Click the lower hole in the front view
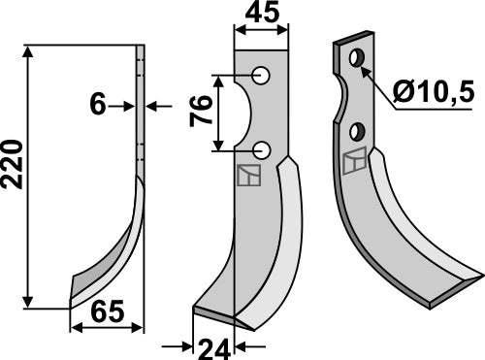pyautogui.click(x=261, y=149)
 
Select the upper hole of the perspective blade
pyautogui.click(x=357, y=60)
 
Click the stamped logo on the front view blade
pyautogui.click(x=249, y=176)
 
